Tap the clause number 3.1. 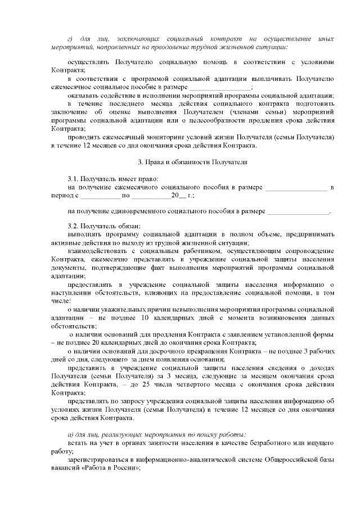(74, 178)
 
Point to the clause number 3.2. (74, 226)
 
